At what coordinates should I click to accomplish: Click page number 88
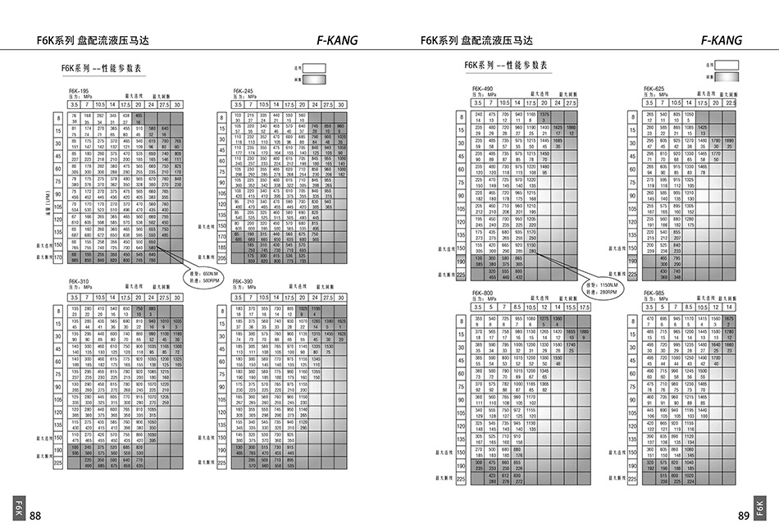[35, 515]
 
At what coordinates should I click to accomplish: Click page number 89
[744, 515]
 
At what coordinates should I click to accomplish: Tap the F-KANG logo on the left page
[336, 40]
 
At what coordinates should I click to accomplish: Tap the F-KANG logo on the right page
[722, 40]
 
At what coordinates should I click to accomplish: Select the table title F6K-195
[80, 91]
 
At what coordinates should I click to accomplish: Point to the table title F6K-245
[243, 91]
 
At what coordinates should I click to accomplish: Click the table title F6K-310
[80, 281]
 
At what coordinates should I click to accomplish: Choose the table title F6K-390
[243, 281]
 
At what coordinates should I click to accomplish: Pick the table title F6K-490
[481, 88]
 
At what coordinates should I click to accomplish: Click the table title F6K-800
[481, 292]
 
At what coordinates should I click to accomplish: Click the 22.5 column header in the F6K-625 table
[729, 102]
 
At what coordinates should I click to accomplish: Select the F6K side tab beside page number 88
[18, 507]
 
